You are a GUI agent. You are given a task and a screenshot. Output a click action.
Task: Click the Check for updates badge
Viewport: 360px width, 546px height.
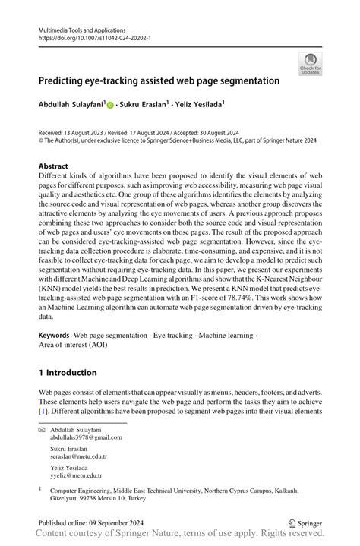[x=310, y=64]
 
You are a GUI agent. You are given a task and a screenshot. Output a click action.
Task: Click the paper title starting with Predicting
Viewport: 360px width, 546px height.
[x=159, y=80]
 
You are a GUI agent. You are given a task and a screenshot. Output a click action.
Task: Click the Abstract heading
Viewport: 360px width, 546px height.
[x=54, y=165]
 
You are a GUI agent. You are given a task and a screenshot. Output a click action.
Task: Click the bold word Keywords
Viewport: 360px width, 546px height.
[x=54, y=335]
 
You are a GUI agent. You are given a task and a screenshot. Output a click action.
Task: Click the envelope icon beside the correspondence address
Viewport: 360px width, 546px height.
[x=42, y=430]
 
